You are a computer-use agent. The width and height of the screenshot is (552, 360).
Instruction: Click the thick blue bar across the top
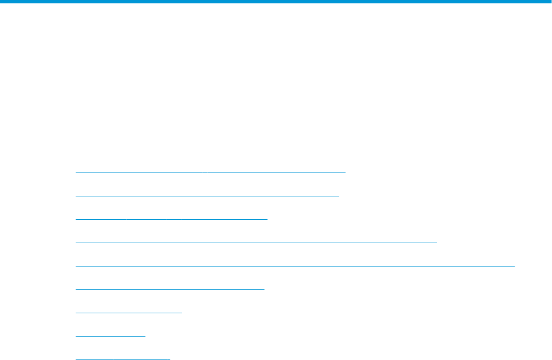click(276, 2)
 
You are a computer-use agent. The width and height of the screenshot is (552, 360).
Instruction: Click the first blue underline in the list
click(210, 172)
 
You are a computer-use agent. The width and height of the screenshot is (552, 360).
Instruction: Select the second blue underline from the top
click(206, 196)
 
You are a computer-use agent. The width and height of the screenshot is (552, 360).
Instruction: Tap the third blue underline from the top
click(171, 219)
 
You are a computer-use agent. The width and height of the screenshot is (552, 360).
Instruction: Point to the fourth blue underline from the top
click(256, 242)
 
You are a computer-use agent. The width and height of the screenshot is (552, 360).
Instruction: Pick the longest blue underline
click(295, 265)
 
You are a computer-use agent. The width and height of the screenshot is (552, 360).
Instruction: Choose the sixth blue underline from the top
click(170, 289)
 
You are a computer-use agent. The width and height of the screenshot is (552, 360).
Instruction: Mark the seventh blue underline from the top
click(129, 312)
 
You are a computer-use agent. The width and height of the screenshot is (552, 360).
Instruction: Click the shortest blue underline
click(110, 336)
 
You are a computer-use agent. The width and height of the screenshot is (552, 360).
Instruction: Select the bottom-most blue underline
click(122, 359)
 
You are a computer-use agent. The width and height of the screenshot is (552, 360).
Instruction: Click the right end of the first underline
click(345, 172)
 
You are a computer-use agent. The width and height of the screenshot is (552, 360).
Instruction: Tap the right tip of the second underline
click(338, 196)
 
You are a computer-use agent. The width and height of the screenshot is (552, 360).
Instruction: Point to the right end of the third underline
click(267, 219)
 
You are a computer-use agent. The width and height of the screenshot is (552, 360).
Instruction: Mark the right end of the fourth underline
click(437, 242)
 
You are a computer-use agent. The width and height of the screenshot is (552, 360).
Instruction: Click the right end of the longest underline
click(515, 265)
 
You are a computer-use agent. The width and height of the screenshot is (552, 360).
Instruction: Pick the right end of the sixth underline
click(264, 289)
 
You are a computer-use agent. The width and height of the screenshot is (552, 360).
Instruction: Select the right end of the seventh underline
click(181, 312)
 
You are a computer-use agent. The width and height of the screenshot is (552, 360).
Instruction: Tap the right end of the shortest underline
click(145, 336)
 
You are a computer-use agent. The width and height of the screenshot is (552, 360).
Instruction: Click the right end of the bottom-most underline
click(170, 359)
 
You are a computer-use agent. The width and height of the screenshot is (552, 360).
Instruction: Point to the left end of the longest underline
click(76, 265)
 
